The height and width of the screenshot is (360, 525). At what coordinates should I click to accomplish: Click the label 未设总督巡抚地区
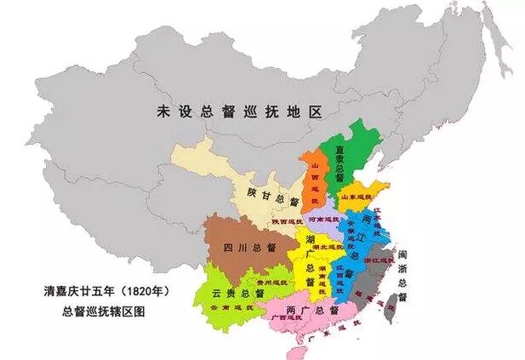[x=241, y=111]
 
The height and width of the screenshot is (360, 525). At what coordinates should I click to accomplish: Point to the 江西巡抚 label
[x=346, y=273]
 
